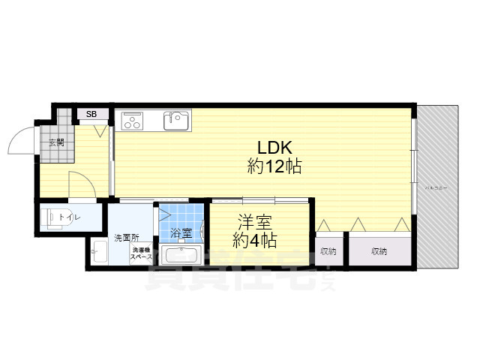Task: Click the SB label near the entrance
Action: (91, 114)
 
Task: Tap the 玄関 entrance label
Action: (56, 142)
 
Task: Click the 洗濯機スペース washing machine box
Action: (142, 254)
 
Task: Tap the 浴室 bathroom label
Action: (181, 233)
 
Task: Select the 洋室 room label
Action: (254, 222)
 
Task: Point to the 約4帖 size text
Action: (254, 241)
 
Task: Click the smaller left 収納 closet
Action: (327, 251)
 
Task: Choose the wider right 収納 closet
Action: (378, 251)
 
